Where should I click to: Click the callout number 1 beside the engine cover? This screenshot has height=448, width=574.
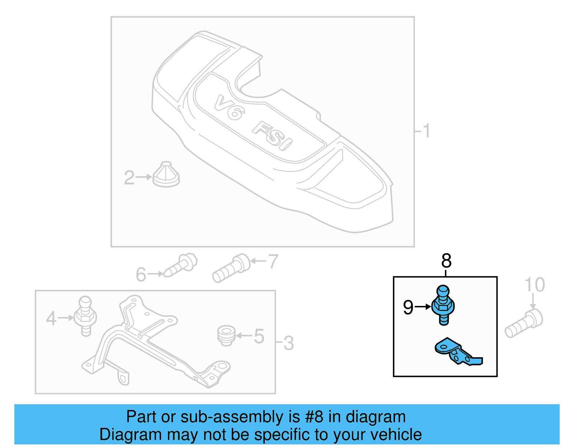426,131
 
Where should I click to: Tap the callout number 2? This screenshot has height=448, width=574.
129,178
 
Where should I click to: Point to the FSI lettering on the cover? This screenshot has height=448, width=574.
273,136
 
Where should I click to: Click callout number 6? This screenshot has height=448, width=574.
141,275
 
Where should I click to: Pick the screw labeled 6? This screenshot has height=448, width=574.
182,266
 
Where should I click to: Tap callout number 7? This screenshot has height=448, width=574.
273,261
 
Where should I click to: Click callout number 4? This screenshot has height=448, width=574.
51,319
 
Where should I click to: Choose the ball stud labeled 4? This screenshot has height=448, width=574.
85,316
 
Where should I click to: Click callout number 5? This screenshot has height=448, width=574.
259,336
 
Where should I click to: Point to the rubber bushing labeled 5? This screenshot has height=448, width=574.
226,335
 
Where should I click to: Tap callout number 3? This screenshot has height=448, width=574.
289,343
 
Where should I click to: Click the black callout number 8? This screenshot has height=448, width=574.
446,261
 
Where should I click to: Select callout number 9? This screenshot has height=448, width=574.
408,307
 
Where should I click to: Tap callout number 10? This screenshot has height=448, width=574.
535,285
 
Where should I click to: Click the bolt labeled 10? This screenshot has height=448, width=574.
524,324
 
